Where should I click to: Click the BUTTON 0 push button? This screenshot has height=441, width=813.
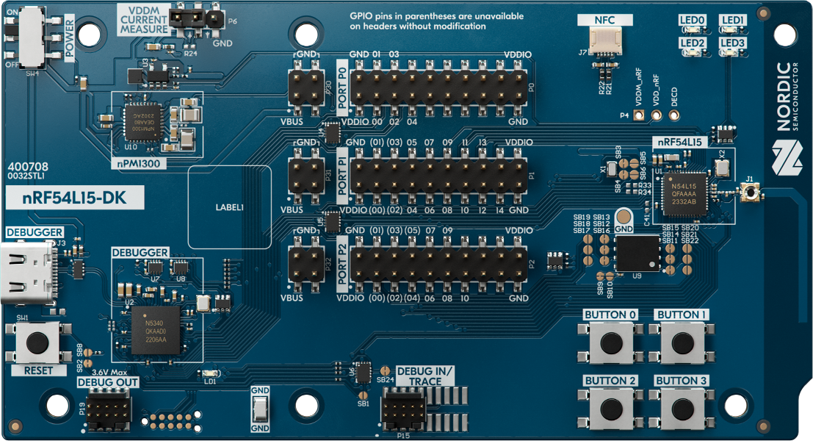coord(610,343)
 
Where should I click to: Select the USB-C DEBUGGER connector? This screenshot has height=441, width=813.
coord(29,273)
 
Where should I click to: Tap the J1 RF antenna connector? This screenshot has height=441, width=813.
coord(750,193)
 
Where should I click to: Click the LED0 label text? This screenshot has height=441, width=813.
coord(692,21)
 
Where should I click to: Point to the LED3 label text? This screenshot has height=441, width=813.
coord(732,43)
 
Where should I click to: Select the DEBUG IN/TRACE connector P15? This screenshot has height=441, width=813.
coord(403,409)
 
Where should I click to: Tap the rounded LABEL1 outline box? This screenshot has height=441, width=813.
coord(229,207)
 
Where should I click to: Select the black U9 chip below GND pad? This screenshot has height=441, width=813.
coord(637,254)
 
